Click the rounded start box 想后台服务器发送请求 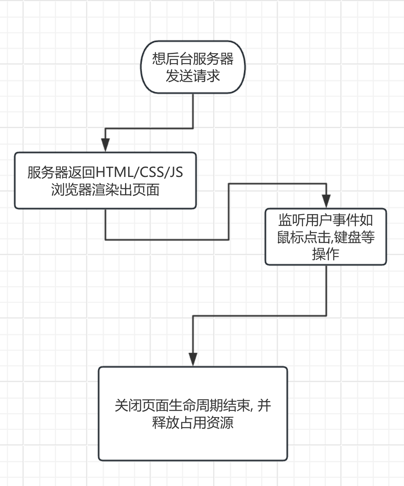click(193, 67)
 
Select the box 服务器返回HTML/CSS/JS click(105, 180)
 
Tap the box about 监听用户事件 click(325, 236)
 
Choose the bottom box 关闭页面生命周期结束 click(193, 414)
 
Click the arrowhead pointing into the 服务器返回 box click(105, 145)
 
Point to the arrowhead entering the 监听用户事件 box click(327, 201)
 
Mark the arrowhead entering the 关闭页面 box click(193, 359)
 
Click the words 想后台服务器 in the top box click(193, 59)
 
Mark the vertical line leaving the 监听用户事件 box click(327, 290)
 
